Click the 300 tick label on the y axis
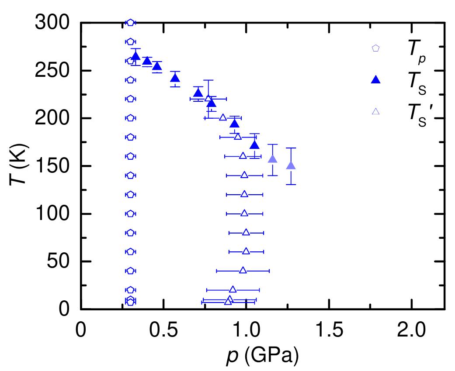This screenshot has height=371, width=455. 51,23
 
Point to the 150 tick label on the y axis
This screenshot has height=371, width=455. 51,166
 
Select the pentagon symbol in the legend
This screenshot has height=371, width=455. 375,48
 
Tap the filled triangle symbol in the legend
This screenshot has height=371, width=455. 375,80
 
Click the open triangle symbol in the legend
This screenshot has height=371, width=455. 375,111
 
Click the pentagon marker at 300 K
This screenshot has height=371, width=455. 130,23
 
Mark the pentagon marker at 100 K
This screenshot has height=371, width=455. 130,214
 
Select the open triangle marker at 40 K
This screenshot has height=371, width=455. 243,271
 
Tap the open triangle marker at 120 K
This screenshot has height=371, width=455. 244,194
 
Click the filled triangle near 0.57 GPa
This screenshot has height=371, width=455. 175,78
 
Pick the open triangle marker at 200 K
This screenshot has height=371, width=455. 223,117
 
